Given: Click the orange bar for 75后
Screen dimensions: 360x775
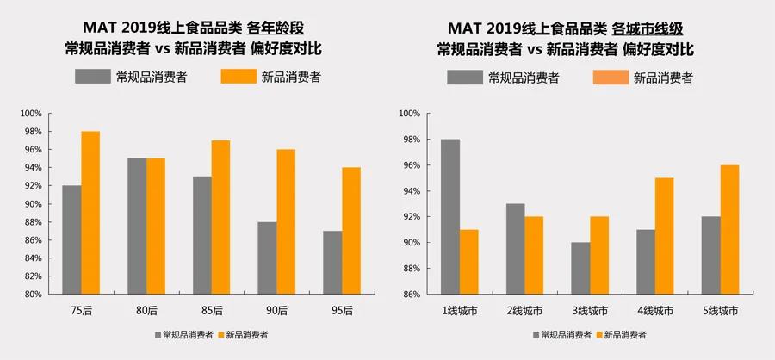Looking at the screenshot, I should (90, 213).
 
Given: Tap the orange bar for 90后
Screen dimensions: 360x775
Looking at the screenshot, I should (286, 222).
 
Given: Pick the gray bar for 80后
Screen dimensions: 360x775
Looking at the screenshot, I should (136, 227).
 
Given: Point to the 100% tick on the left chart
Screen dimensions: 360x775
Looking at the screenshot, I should (31, 114).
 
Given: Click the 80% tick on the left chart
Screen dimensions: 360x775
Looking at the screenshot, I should (33, 295).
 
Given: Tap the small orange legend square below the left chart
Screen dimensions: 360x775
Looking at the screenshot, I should (220, 334).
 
